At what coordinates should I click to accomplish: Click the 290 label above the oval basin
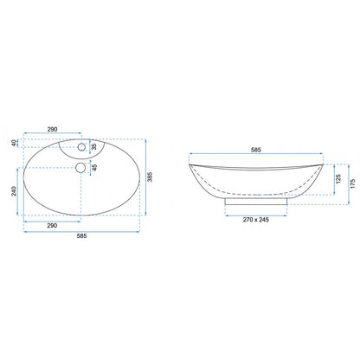52,129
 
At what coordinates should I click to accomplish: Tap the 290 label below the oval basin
52,226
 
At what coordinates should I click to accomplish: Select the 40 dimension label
14,143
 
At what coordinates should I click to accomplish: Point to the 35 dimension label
94,147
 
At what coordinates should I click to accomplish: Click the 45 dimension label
94,167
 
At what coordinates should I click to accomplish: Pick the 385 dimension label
150,177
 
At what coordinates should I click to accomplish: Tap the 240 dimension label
14,191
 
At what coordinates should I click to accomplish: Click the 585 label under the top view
81,236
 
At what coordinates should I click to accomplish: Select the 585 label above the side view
256,150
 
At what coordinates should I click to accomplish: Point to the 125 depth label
338,179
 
